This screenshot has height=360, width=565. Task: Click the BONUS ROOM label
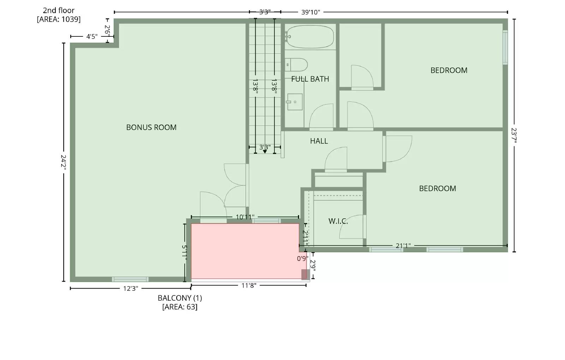[x=151, y=128]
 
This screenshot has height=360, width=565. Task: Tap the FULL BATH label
[x=310, y=79]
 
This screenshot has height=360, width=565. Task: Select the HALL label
[x=319, y=141]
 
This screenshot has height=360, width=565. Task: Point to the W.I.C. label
[x=338, y=221]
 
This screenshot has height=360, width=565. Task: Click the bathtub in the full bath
[x=310, y=37]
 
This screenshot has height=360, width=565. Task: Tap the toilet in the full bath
[x=296, y=65]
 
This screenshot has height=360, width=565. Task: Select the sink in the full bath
[x=295, y=102]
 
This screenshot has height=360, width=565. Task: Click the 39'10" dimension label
[x=310, y=12]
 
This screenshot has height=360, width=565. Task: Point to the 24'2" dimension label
[x=63, y=163]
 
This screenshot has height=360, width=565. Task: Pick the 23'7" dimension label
[x=514, y=135]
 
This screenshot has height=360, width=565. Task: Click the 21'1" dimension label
[x=403, y=246]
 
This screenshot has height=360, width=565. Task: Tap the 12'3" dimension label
[x=131, y=288]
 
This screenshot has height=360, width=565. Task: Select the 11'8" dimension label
[x=249, y=285]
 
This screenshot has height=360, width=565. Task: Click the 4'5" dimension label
[x=92, y=37]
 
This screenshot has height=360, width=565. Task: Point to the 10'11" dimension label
[x=245, y=217]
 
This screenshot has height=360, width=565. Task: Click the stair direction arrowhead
[x=265, y=151]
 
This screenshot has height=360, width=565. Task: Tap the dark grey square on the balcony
[x=305, y=275]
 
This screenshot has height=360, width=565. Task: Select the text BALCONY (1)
[x=180, y=298]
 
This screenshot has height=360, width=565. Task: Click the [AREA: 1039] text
[x=59, y=19]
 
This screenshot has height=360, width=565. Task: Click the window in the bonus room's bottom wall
[x=130, y=279]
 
